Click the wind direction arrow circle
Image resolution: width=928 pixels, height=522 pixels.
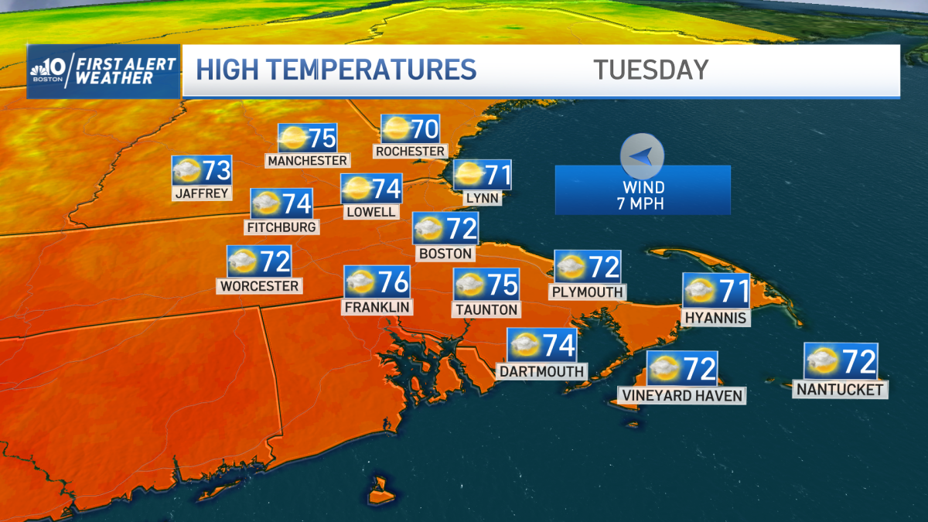642,156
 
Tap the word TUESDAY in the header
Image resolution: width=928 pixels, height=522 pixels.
650,70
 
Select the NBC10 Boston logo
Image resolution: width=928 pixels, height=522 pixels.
49,70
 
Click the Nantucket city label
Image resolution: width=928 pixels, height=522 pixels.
840,389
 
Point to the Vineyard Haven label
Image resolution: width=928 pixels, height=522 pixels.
681,395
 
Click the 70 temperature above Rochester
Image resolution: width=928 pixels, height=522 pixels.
425,128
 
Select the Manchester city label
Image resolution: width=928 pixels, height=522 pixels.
307,160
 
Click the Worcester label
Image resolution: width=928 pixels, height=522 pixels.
259,285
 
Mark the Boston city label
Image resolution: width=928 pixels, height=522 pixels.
445,253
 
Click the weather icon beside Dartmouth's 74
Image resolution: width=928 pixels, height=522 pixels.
524,344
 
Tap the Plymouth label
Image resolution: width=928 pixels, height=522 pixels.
587,292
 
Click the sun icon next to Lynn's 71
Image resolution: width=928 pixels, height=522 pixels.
469,175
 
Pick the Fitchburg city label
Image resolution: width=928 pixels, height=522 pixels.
281,227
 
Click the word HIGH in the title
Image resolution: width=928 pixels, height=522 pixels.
229,70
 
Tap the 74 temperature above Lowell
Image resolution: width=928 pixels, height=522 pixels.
387,188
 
